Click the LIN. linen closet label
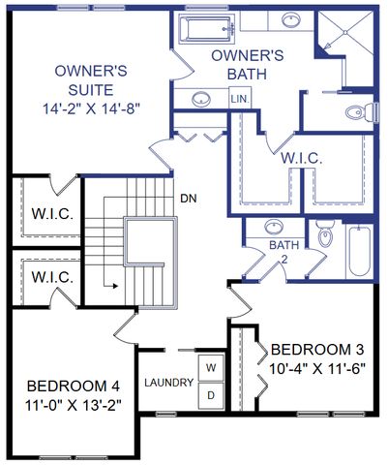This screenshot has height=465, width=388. click(239, 99)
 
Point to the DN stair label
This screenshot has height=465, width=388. click(190, 200)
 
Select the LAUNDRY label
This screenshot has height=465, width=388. click(169, 383)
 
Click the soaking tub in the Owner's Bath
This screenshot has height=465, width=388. click(205, 29)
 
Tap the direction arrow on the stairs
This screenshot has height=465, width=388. click(111, 286)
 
